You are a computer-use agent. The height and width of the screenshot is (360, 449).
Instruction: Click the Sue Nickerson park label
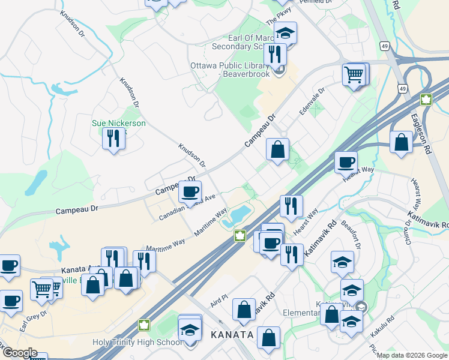pyautogui.click(x=118, y=123)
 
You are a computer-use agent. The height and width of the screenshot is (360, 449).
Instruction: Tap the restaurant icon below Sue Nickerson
pyautogui.click(x=113, y=139)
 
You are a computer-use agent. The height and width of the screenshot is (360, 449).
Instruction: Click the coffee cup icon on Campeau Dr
pyautogui.click(x=190, y=192)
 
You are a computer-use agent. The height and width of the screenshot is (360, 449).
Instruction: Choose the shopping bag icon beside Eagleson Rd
pyautogui.click(x=401, y=143)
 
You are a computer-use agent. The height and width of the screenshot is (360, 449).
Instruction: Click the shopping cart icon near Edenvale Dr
pyautogui.click(x=354, y=75)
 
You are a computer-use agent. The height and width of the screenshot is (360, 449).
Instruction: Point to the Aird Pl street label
pyautogui.click(x=220, y=298)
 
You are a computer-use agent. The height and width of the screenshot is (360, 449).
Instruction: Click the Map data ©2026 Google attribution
pyautogui.click(x=412, y=355)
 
